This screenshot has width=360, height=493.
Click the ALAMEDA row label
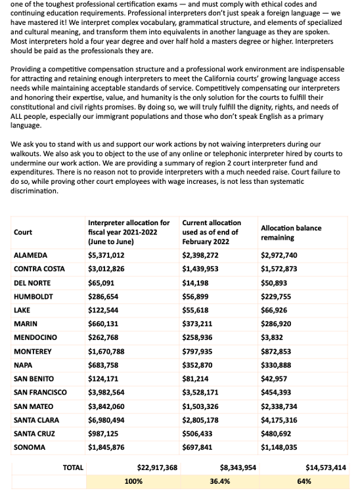(30, 255)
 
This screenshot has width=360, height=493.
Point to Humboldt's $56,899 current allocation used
(196, 296)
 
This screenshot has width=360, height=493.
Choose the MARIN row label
(26, 324)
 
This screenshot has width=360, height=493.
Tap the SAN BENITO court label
(34, 379)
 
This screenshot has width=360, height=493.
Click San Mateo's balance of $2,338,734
(279, 406)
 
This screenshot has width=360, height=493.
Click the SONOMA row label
(30, 448)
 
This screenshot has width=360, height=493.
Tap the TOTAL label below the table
(73, 467)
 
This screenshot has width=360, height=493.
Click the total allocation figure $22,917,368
(157, 467)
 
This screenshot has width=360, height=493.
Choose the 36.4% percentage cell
(219, 481)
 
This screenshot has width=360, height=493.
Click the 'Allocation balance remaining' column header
(291, 232)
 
